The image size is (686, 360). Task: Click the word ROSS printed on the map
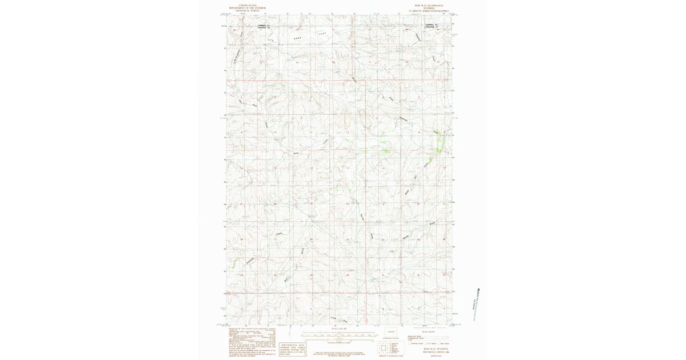click(x=297, y=37)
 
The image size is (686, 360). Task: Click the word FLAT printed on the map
click(x=321, y=34)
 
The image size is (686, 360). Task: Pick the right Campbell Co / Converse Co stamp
click(x=432, y=26)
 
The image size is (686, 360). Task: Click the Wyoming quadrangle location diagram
click(x=391, y=331)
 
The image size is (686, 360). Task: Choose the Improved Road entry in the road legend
click(x=413, y=337)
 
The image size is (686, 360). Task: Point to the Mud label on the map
click(x=296, y=153)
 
